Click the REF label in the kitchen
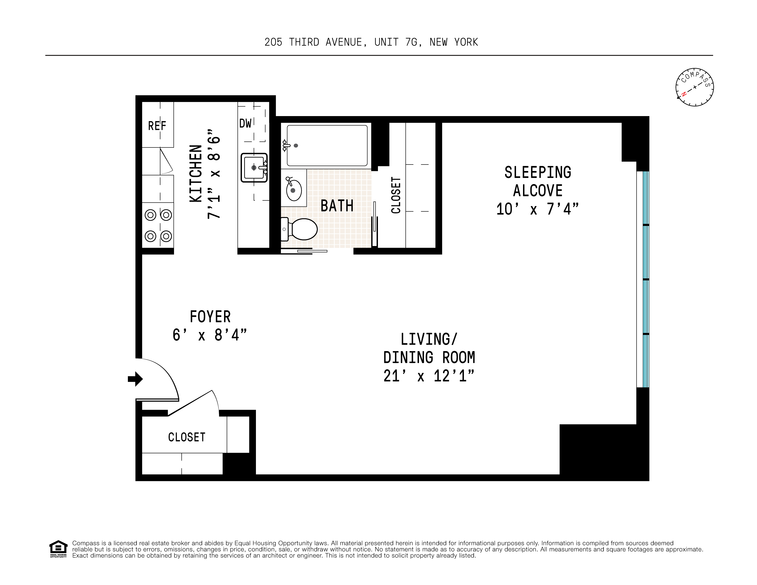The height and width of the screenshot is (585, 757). coord(157,126)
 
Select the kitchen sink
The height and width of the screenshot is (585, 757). coord(254,168)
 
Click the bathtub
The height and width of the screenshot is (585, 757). coord(327,146)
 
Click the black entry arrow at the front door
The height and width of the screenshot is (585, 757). coord(135,379)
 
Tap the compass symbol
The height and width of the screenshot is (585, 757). coord(694,87)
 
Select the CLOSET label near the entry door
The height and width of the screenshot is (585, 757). coord(187,437)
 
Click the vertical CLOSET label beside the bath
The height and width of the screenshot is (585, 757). coord(396,195)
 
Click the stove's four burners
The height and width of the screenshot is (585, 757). coord(158,226)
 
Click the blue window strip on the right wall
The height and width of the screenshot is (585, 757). coord(646,279)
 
